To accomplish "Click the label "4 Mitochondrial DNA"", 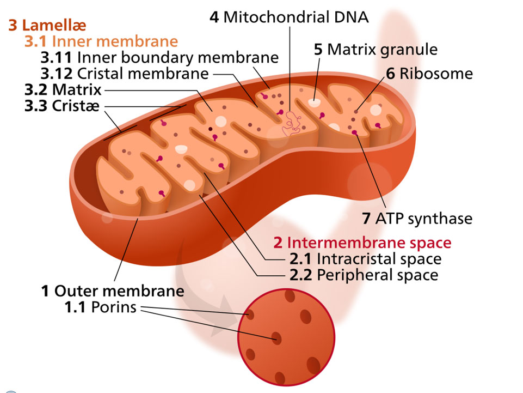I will [x=289, y=17].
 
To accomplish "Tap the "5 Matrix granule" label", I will [x=376, y=49].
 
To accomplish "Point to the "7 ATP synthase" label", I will [x=417, y=219].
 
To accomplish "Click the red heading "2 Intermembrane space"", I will [x=362, y=242].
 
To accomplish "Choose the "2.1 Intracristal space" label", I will [x=365, y=258].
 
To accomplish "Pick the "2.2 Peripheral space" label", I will [x=364, y=275].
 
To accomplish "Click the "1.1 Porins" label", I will [x=101, y=307].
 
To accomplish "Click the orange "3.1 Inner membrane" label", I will [x=101, y=41].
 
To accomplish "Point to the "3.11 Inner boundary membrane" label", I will [x=160, y=57].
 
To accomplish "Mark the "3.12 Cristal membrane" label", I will [x=125, y=73].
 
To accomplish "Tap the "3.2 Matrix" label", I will [x=63, y=89].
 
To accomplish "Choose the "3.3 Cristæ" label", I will [x=61, y=105].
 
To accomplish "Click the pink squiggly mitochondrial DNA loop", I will [x=291, y=124].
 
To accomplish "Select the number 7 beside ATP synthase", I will [x=366, y=219].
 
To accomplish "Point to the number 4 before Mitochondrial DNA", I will [x=214, y=17].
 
